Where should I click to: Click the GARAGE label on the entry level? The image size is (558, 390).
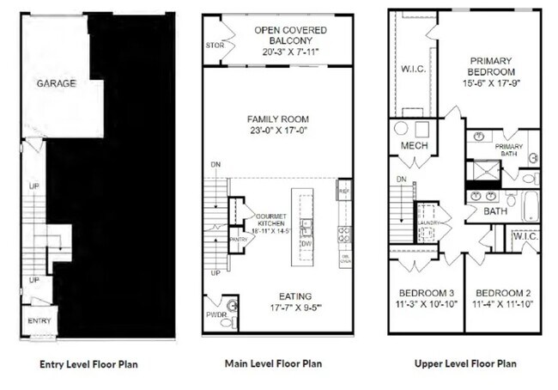[56, 83]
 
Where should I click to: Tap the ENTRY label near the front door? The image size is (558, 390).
[39, 321]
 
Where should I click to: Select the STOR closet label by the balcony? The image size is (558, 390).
[214, 46]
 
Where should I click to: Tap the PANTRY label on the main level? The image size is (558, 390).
[244, 240]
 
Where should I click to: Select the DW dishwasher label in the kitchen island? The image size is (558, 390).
[304, 242]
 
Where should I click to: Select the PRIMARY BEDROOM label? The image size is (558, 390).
[490, 67]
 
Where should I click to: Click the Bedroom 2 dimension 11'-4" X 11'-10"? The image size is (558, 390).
[502, 302]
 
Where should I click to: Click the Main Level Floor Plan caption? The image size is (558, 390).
[274, 363]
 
